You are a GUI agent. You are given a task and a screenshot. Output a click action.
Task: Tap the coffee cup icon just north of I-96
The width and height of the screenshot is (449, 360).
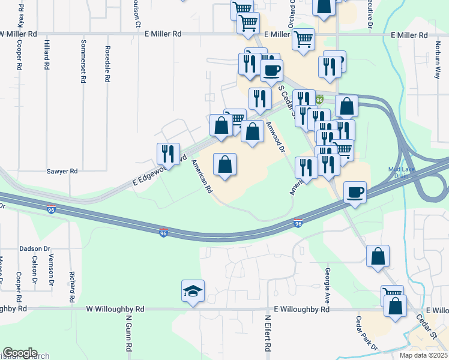tap(355, 191)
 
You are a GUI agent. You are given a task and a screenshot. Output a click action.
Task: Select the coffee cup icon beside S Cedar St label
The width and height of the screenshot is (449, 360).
tap(271, 70)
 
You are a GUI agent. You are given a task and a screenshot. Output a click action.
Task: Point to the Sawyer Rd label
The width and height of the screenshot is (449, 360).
tap(62, 171)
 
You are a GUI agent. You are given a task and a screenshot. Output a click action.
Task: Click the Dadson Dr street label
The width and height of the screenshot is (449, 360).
tap(34, 248)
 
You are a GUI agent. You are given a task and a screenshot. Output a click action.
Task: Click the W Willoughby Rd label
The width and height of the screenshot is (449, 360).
tap(115, 309)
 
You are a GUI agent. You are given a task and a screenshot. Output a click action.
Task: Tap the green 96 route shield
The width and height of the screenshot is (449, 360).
tap(320, 100)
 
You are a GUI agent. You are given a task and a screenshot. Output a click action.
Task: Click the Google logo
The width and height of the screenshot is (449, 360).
tap(20, 353)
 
